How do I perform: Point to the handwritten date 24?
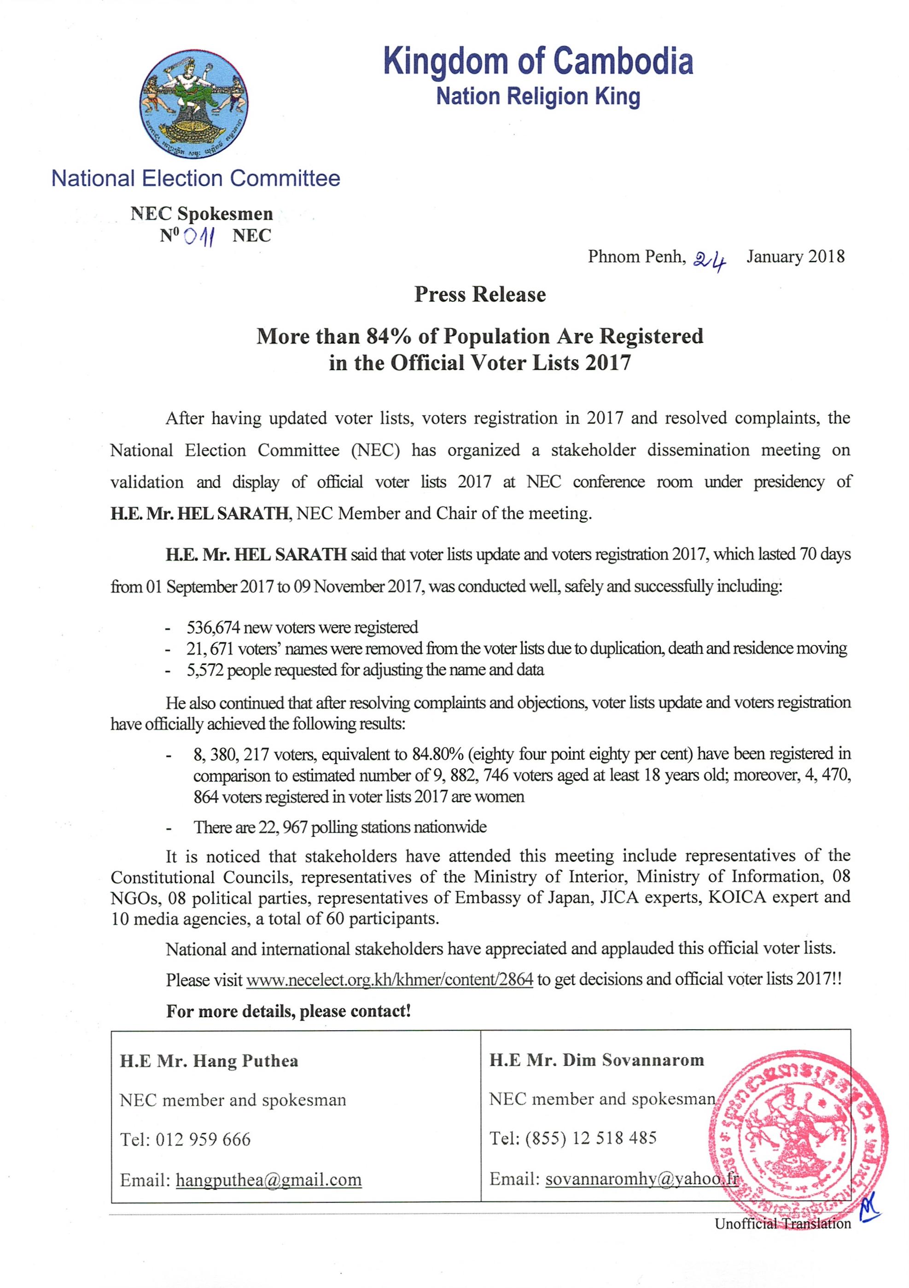[x=709, y=260]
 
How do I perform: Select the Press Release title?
[x=480, y=295]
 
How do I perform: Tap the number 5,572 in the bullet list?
[x=205, y=670]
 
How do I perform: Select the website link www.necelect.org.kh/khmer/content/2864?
[x=390, y=979]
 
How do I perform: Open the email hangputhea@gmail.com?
[x=269, y=1180]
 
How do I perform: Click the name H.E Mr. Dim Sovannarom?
[x=596, y=1060]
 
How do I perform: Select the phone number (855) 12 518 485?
[x=591, y=1138]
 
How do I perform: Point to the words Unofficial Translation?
[x=782, y=1224]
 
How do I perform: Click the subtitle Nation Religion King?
[x=538, y=97]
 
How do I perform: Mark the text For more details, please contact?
[x=288, y=1011]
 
